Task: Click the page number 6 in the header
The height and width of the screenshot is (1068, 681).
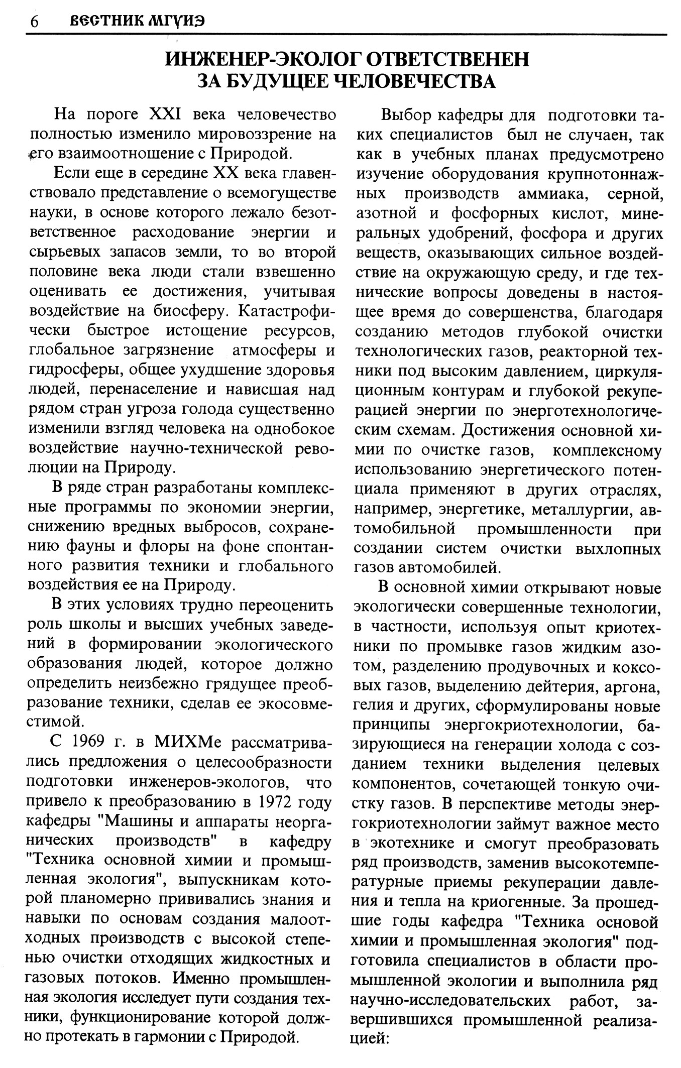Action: click(x=34, y=23)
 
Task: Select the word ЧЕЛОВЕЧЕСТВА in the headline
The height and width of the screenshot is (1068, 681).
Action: click(x=414, y=81)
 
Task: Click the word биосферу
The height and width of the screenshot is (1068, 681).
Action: click(x=187, y=311)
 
